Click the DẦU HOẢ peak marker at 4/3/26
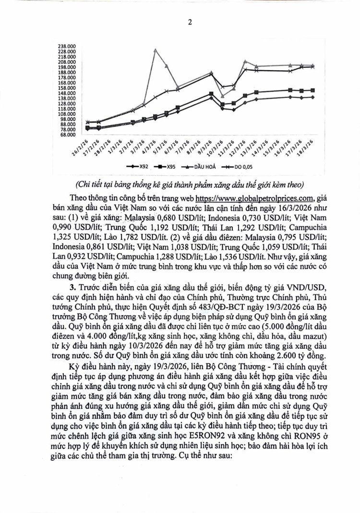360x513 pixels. pyautogui.click(x=155, y=49)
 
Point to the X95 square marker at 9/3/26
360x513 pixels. pyautogui.click(x=212, y=94)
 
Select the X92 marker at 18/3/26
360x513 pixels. pyautogui.click(x=312, y=97)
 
